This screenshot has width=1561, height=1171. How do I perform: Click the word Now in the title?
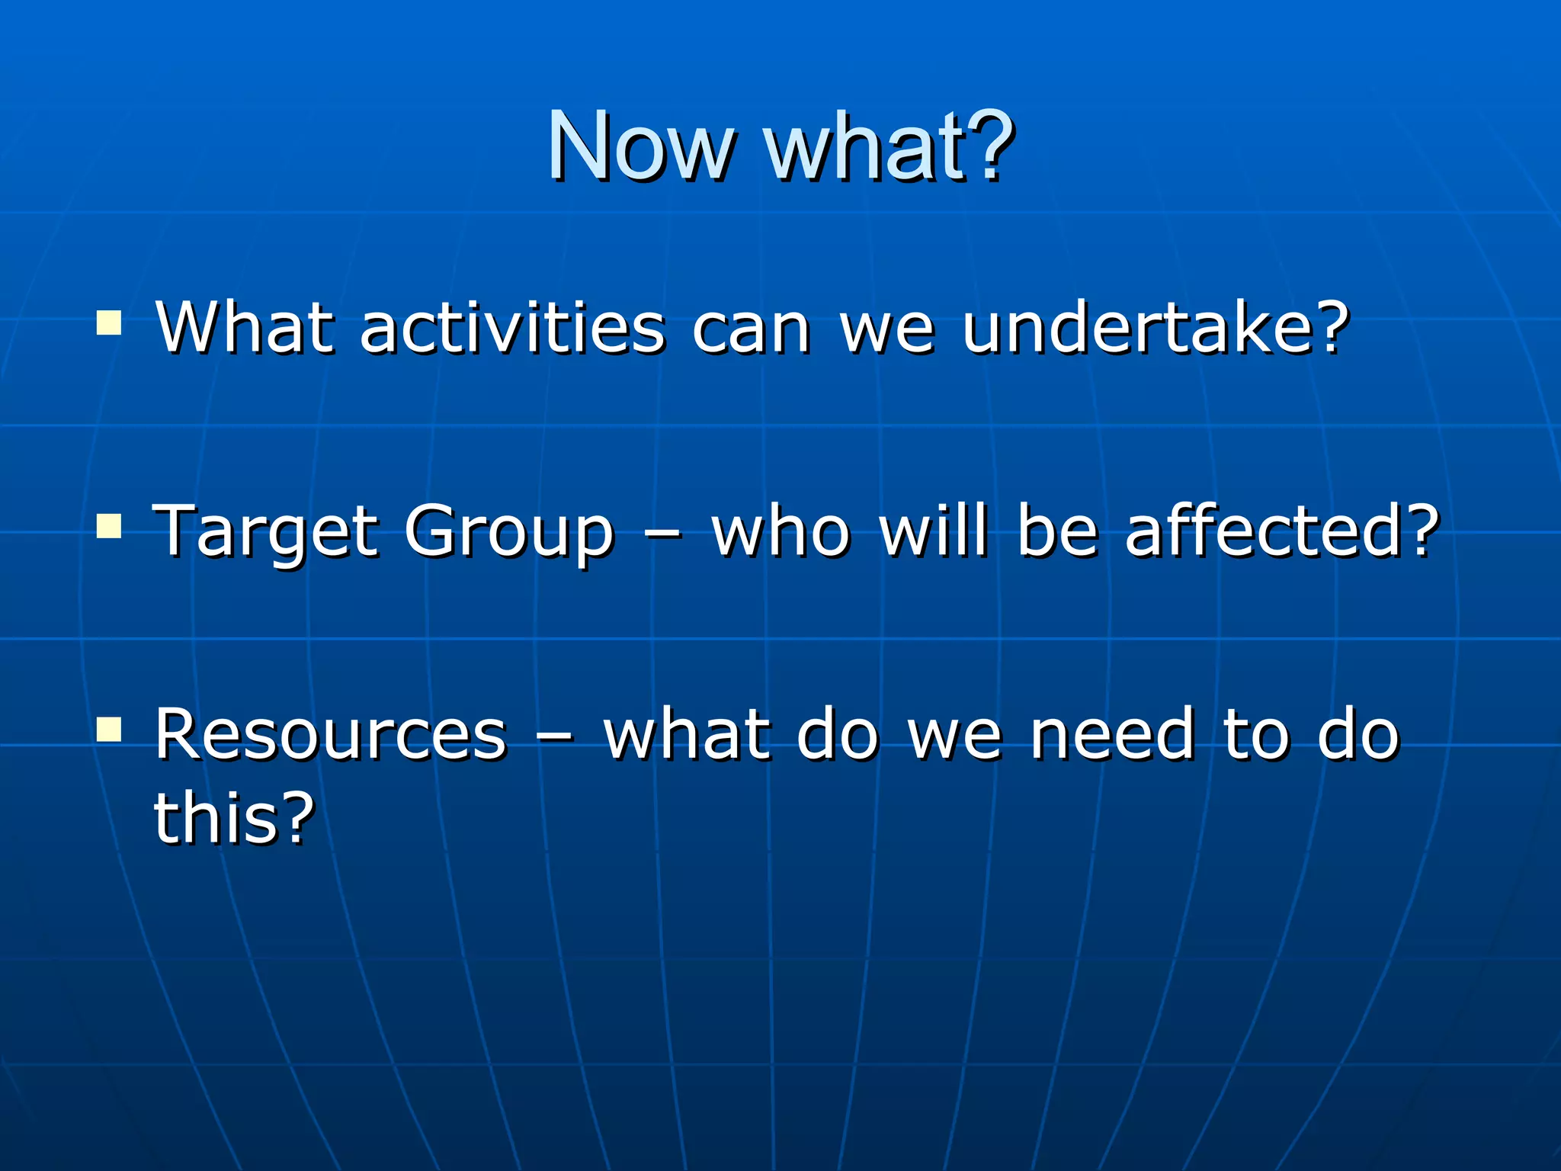pos(640,146)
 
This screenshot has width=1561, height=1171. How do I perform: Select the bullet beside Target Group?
pos(109,525)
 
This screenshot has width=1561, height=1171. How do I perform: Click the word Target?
pos(265,532)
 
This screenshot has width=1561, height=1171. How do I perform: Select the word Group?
pos(508,532)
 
